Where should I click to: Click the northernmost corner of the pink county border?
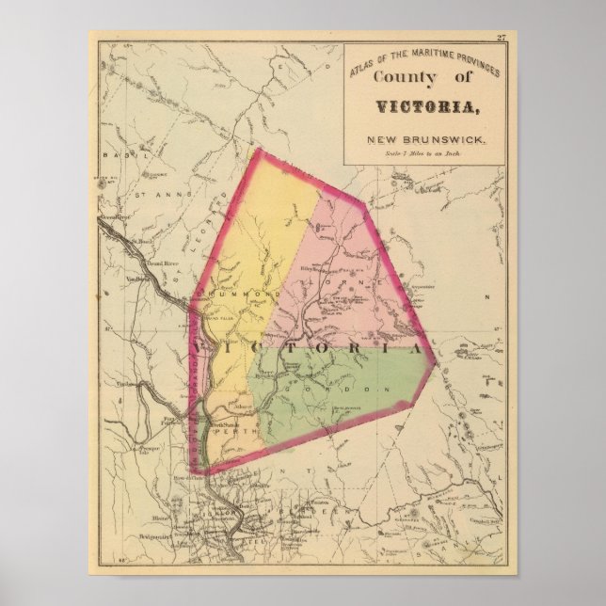pos(260,150)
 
